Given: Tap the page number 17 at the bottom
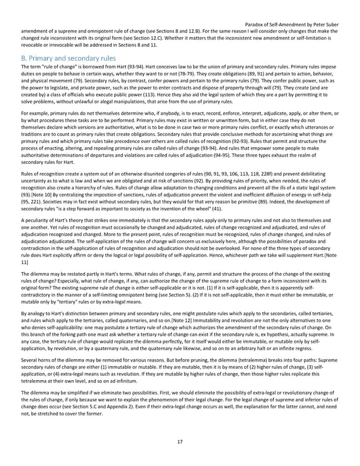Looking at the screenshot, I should [180, 442].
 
